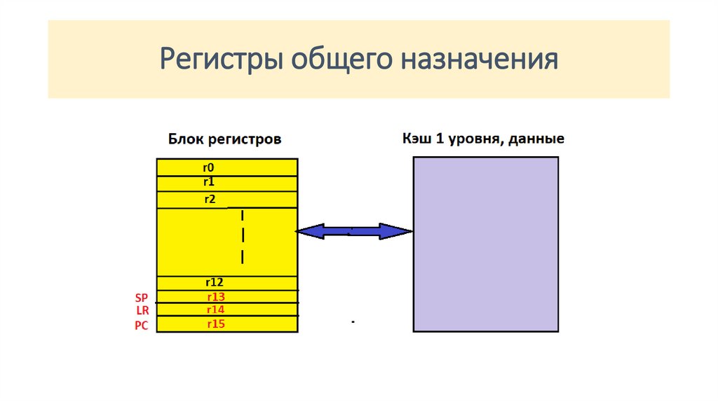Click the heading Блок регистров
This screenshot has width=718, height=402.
click(x=224, y=139)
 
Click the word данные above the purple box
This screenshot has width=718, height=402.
click(x=537, y=139)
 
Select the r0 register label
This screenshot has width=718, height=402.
click(x=208, y=167)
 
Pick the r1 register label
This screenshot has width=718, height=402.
click(x=208, y=182)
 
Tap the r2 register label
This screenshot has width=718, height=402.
click(x=210, y=199)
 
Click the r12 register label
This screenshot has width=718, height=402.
click(x=214, y=283)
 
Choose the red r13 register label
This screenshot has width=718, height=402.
click(x=215, y=296)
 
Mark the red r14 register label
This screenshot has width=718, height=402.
click(x=215, y=310)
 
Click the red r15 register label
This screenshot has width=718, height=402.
click(x=215, y=324)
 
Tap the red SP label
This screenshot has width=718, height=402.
click(x=142, y=298)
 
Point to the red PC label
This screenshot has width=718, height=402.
click(x=142, y=326)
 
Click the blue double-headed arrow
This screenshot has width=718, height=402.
click(x=353, y=231)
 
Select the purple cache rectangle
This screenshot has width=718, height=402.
click(x=485, y=243)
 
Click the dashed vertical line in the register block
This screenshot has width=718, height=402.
click(x=243, y=236)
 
